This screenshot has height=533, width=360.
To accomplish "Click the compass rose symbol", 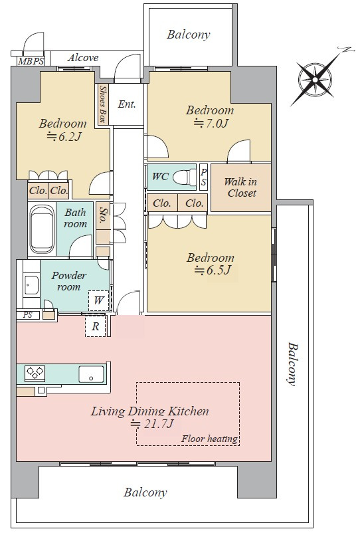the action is [x=315, y=80].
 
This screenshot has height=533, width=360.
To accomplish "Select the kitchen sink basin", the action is [x=92, y=374].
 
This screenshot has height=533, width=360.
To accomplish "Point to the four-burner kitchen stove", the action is [x=35, y=372].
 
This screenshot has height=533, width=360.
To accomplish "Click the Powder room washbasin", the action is [x=32, y=284].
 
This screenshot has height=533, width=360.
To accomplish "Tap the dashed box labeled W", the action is [x=99, y=300].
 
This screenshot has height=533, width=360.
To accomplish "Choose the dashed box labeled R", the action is [x=96, y=326].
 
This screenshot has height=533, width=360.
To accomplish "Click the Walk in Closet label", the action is [x=241, y=187].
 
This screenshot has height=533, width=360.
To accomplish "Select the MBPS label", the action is [x=31, y=62].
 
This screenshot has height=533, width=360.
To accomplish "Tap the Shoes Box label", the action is [x=102, y=104].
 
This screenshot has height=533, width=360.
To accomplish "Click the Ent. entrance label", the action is [x=127, y=104].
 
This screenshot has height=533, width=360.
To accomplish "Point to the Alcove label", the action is [x=83, y=58].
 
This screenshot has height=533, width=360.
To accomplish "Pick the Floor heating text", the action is [x=209, y=439].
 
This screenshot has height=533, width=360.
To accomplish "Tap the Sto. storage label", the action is [x=102, y=215].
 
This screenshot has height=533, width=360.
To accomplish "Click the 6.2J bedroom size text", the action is [x=64, y=136].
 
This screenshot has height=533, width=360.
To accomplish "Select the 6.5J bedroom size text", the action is [x=213, y=270].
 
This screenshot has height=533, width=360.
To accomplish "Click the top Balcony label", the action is [x=189, y=35].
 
